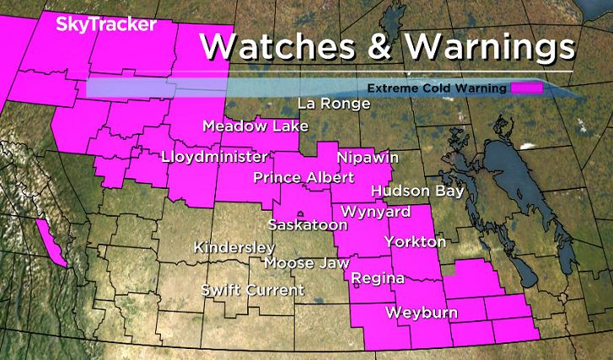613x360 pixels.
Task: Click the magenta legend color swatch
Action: click(527, 88)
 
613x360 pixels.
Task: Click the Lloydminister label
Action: click(214, 157)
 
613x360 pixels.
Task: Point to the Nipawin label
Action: click(367, 158)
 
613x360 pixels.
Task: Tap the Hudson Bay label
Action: click(417, 191)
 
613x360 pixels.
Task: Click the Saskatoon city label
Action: click(308, 225)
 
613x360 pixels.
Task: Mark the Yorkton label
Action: click(415, 242)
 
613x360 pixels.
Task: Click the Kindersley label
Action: click(234, 248)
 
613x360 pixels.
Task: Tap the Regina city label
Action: click(378, 278)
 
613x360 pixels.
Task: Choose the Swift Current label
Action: click(252, 290)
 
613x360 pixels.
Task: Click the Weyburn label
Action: click(422, 314)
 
